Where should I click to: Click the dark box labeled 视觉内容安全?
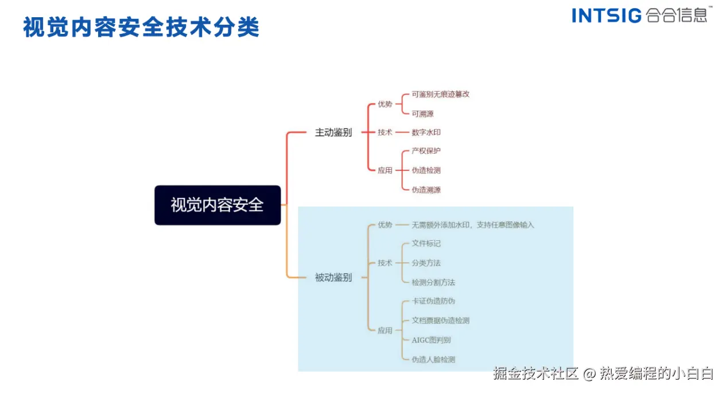click(x=218, y=205)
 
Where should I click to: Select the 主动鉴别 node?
click(x=333, y=133)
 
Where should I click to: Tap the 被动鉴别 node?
click(x=333, y=278)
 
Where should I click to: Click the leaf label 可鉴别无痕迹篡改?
click(x=440, y=94)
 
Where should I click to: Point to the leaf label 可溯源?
click(x=422, y=114)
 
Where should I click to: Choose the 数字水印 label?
click(x=426, y=133)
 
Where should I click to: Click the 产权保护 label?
click(x=426, y=151)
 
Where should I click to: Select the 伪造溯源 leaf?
click(x=426, y=189)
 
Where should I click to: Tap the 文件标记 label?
click(x=426, y=243)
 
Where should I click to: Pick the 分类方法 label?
click(x=426, y=263)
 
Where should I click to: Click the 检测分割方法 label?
click(x=433, y=282)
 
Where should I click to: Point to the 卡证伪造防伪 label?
click(x=433, y=301)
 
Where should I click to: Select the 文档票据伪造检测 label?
click(x=440, y=320)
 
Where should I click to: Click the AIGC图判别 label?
click(x=431, y=340)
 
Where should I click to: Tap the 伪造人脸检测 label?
click(x=433, y=359)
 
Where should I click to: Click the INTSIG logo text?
click(x=607, y=15)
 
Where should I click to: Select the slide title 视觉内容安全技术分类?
click(x=141, y=27)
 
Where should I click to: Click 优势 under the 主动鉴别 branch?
click(x=385, y=104)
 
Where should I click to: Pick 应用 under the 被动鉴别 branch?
click(x=385, y=330)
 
